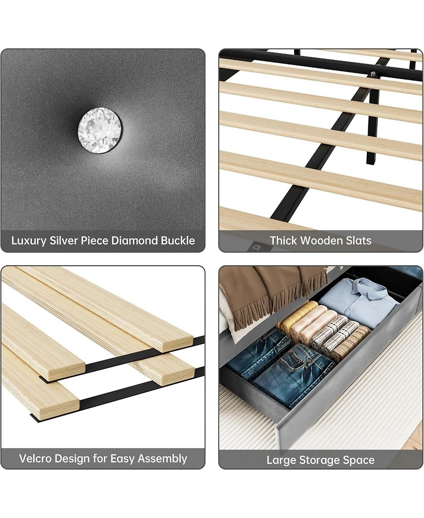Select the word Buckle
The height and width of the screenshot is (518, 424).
click(x=177, y=241)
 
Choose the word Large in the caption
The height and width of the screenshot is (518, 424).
click(x=281, y=460)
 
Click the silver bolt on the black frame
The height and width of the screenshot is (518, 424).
click(x=374, y=74)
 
